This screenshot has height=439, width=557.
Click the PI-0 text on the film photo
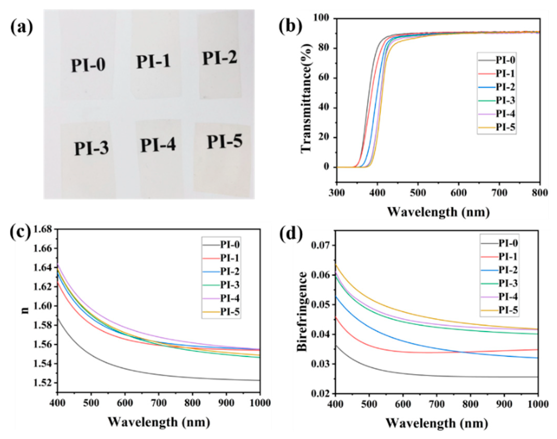point(88,65)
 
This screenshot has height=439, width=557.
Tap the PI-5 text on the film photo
point(225,141)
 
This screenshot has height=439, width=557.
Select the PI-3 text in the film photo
point(91,148)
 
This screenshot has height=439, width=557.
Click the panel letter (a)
point(22,28)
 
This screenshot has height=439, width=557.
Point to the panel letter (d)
point(291,234)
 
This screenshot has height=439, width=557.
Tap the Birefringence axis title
point(302,312)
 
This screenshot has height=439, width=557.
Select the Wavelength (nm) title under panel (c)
point(159,422)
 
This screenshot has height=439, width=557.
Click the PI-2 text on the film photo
point(220,58)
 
